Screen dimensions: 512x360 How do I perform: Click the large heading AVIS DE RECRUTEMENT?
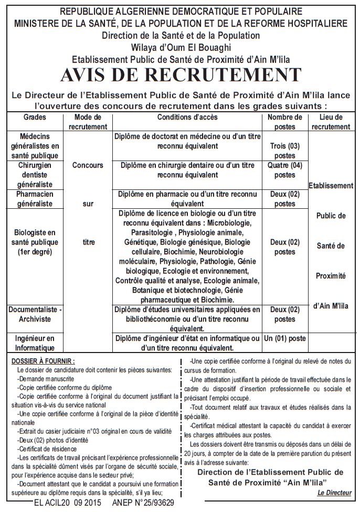pos(180,75)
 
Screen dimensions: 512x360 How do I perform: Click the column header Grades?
pos(35,118)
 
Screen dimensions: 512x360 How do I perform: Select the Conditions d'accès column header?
pos(187,118)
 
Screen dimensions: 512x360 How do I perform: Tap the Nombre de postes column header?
pos(284,122)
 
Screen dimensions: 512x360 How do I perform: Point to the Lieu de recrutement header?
pos(331,122)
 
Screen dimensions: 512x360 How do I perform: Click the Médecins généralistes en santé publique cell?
pos(35,146)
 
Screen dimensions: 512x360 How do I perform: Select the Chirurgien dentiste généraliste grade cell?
pos(35,175)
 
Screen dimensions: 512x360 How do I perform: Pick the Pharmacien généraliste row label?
pos(35,199)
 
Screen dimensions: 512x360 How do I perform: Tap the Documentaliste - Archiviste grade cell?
pos(35,314)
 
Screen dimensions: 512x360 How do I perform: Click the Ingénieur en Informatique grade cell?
pos(35,343)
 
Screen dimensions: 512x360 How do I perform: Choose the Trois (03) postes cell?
pos(284,151)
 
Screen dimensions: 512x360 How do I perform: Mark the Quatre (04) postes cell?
pos(284,170)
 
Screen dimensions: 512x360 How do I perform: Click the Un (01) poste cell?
pos(284,338)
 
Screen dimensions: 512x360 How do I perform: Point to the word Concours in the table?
pos(88,165)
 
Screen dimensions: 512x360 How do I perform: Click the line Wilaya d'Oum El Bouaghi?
pos(180,47)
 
